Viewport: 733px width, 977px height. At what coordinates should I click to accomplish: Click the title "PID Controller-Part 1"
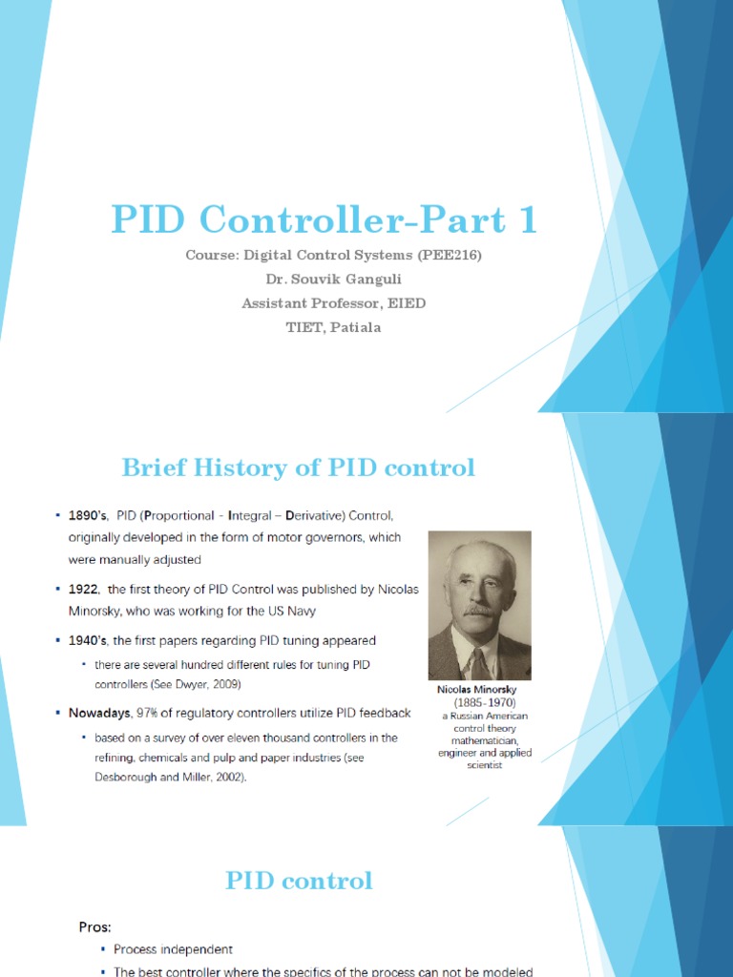(x=324, y=220)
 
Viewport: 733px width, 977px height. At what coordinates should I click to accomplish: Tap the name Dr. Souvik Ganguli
(x=332, y=280)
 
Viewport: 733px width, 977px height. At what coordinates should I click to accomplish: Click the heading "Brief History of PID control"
(x=298, y=468)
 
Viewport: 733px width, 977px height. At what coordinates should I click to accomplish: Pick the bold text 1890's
(x=89, y=516)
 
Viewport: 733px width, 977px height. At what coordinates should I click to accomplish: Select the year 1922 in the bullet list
(x=84, y=590)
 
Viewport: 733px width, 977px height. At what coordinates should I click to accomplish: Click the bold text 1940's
(x=89, y=640)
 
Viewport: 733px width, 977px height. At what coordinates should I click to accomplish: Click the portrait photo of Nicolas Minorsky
(x=479, y=605)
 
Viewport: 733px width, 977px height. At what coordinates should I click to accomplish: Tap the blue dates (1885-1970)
(x=485, y=702)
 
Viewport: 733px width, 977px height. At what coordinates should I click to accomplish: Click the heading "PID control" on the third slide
(x=299, y=881)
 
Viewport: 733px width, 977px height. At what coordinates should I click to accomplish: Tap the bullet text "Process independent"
(x=173, y=949)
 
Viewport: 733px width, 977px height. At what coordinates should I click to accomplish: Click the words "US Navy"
(x=285, y=611)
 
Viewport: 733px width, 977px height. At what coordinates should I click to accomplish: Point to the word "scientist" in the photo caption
(x=485, y=765)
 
